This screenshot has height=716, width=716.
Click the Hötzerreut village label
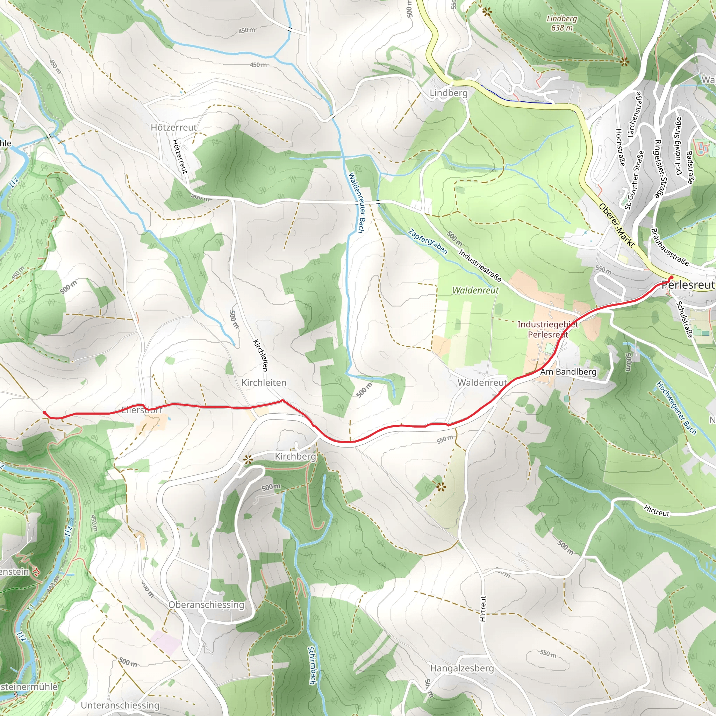(173, 128)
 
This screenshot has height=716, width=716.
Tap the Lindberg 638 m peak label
(561, 23)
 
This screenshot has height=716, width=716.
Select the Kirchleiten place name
(264, 382)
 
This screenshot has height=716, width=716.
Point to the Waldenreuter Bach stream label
(357, 203)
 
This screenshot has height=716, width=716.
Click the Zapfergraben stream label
(428, 242)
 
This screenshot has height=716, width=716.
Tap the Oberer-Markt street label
(617, 226)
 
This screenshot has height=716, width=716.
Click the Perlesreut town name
(688, 285)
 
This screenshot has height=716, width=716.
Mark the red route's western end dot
(44, 413)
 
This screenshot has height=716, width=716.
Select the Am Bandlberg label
(568, 372)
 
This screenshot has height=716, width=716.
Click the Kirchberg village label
(295, 457)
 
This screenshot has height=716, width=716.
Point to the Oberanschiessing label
(206, 605)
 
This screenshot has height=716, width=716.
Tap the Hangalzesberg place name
(462, 668)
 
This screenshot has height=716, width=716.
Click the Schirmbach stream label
(311, 665)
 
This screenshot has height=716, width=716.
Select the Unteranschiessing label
(120, 705)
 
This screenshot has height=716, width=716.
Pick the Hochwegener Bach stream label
(676, 408)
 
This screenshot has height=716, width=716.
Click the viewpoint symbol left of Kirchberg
(248, 460)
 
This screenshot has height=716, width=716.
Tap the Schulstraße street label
(684, 320)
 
